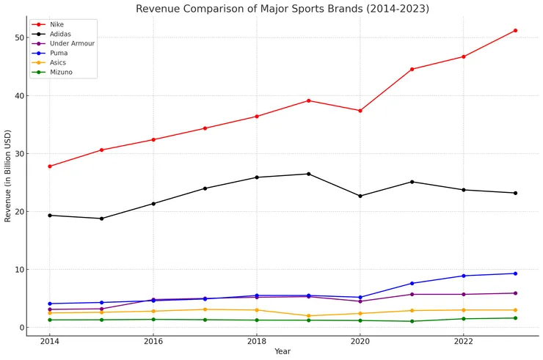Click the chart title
[x=283, y=9]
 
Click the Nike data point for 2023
[x=515, y=30]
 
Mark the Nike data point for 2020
[x=360, y=111]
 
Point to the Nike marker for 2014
[x=50, y=166]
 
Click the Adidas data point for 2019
[x=308, y=174]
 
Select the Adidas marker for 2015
[x=101, y=218]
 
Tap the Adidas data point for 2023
[x=515, y=193]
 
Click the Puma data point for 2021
[x=412, y=283]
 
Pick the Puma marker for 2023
[x=515, y=273]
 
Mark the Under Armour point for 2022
[x=464, y=294]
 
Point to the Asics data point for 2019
[x=308, y=316]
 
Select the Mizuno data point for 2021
[x=412, y=321]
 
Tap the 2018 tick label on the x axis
[x=256, y=341]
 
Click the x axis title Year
[x=283, y=352]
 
